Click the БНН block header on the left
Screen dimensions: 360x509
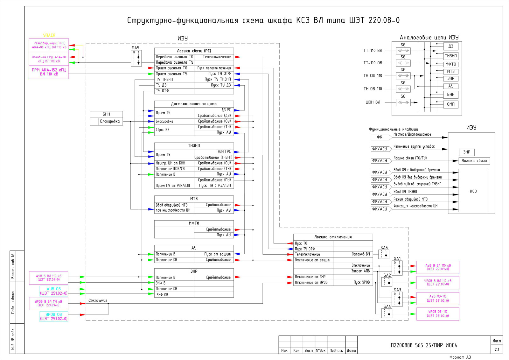coord(106,114)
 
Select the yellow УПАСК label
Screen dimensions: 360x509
coord(49,35)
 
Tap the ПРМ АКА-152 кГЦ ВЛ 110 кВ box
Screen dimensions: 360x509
coord(49,72)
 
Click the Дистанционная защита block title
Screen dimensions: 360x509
coord(194,104)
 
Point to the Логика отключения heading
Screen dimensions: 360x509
coord(333,237)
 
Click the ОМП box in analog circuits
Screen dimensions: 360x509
coord(450,104)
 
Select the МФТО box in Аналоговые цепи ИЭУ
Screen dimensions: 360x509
coord(450,64)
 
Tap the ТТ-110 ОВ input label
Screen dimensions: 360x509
coord(373,63)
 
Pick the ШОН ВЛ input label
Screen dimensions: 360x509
coord(373,102)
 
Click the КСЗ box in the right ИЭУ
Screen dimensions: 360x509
coord(473,191)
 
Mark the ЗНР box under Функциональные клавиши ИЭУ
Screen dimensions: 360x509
coord(466,152)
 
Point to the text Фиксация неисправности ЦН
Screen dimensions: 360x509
coord(415,206)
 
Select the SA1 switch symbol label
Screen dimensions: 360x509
coord(397,258)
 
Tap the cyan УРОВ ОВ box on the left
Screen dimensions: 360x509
coord(53,317)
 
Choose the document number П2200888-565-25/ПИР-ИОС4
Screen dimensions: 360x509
coord(424,345)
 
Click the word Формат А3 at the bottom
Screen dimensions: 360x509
coord(460,357)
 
